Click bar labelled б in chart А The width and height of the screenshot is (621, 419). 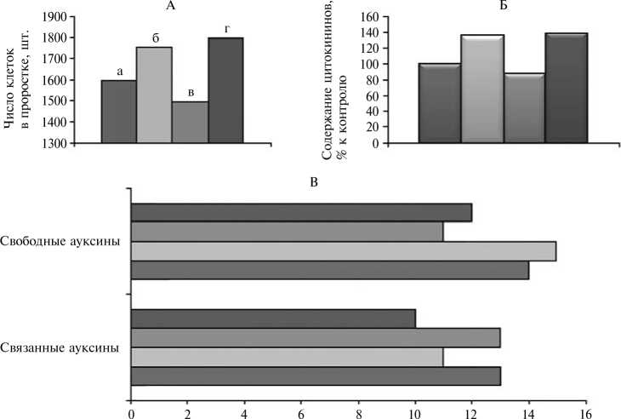[x=154, y=95]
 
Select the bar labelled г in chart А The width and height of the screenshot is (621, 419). [x=226, y=90]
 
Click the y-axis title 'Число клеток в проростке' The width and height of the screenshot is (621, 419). [x=16, y=81]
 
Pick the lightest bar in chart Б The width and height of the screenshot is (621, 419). [x=482, y=89]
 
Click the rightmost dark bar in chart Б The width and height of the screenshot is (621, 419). [x=566, y=88]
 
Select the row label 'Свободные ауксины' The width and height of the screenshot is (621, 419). [x=60, y=242]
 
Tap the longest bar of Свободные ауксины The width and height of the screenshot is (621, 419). [x=344, y=251]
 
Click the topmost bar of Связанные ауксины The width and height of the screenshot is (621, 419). [x=273, y=319]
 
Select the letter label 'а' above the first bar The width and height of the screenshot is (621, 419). [x=120, y=72]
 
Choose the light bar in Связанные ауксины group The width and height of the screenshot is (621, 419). [x=287, y=357]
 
